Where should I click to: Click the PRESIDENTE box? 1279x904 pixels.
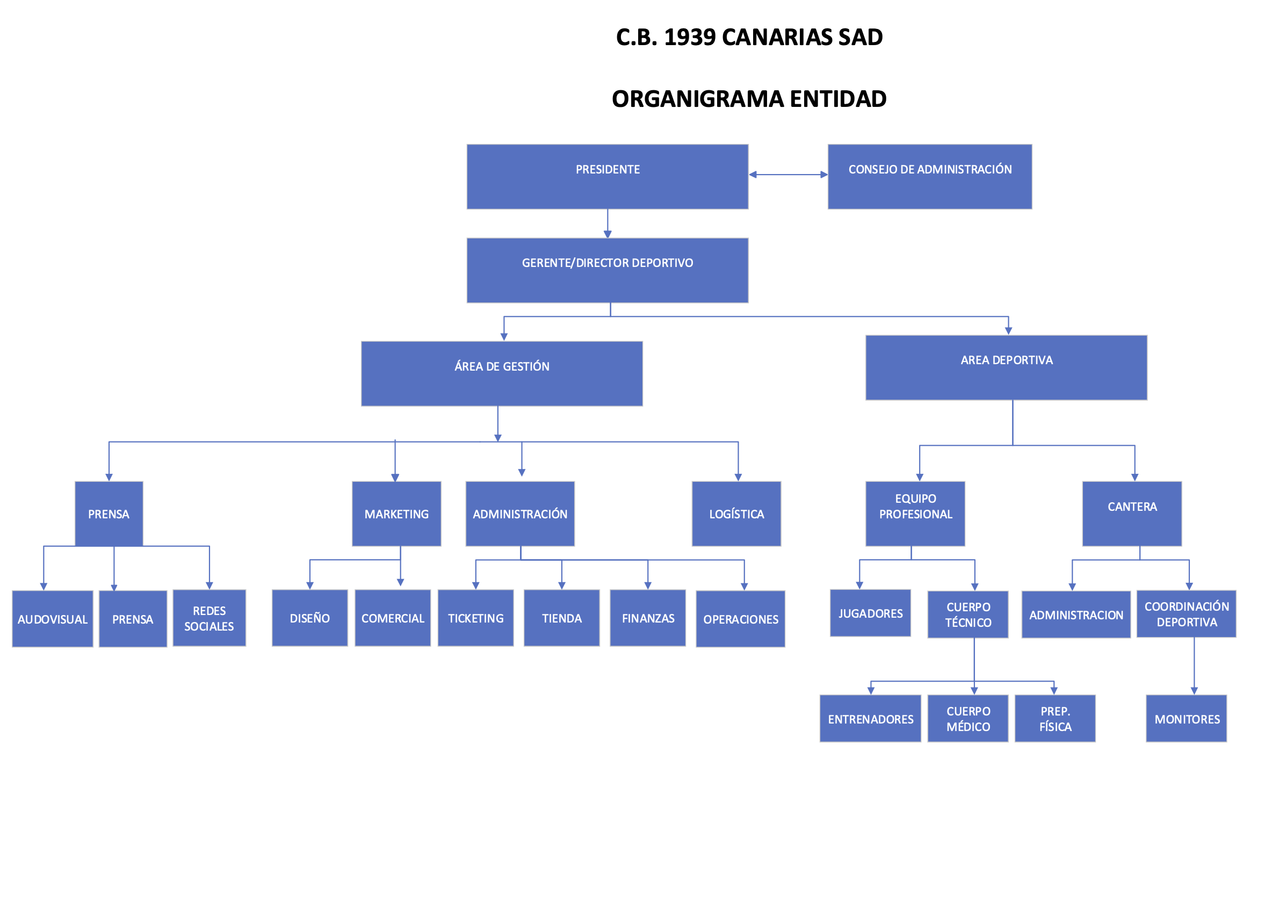click(607, 177)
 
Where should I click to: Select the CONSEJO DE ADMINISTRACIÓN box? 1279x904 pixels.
click(929, 177)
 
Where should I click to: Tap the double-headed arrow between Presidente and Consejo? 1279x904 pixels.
click(787, 175)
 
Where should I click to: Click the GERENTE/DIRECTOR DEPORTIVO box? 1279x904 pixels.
click(607, 270)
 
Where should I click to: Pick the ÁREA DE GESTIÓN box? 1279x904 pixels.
click(501, 373)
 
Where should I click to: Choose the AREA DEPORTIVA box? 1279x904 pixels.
click(1006, 367)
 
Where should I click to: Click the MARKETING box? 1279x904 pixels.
click(396, 513)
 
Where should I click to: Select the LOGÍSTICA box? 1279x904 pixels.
click(736, 513)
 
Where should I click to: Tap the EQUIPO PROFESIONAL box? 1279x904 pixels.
click(915, 513)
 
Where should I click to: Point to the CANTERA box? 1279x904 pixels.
click(1131, 513)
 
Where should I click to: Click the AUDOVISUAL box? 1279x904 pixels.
click(52, 618)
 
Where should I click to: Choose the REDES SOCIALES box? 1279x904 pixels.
click(209, 618)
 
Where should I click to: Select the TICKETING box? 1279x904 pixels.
click(475, 618)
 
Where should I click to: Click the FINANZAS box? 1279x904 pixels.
click(647, 618)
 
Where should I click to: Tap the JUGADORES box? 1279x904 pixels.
click(870, 613)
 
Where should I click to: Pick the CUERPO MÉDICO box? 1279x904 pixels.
click(967, 718)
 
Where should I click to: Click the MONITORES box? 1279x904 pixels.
click(1186, 718)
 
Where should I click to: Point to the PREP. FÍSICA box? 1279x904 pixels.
click(1054, 718)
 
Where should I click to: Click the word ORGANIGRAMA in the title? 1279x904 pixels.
click(697, 99)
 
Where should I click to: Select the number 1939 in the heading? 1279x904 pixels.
click(690, 37)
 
